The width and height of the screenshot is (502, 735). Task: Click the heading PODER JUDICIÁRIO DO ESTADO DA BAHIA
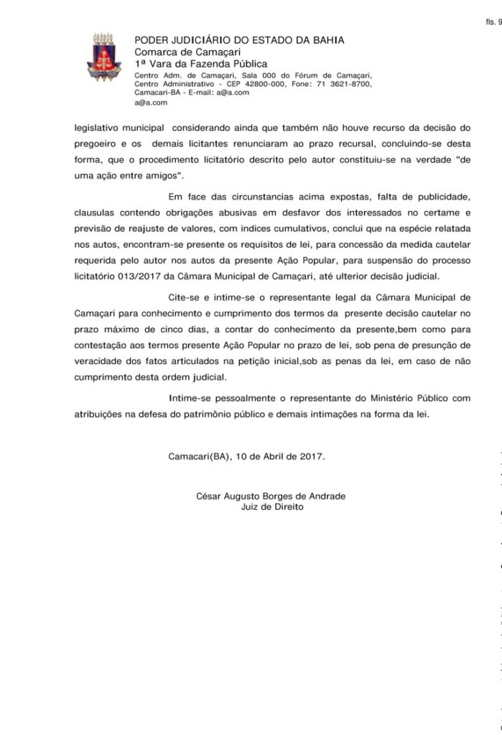[x=239, y=41]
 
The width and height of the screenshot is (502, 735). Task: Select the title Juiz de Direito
[x=273, y=507]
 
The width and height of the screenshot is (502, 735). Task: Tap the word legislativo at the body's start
[x=99, y=127]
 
